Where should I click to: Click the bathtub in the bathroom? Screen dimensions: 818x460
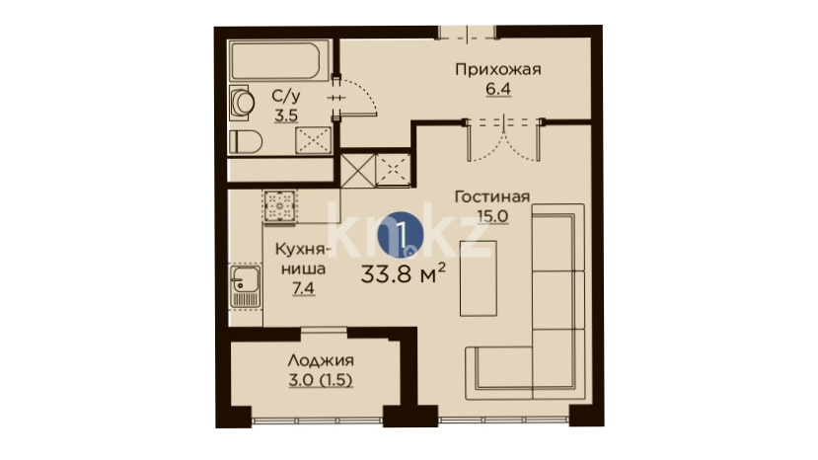click(x=279, y=60)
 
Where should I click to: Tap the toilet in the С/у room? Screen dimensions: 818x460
click(x=246, y=141)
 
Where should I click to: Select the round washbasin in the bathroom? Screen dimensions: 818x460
click(x=242, y=103)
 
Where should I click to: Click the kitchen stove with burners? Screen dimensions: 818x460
click(x=279, y=206)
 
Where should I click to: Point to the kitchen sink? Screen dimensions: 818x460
click(x=245, y=286)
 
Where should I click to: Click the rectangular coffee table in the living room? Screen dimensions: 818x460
click(x=478, y=277)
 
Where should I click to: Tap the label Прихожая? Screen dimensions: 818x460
click(x=498, y=69)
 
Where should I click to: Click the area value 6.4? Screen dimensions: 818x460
click(x=498, y=89)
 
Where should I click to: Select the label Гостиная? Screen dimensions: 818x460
click(x=492, y=196)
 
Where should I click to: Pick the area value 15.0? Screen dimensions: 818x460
click(x=492, y=215)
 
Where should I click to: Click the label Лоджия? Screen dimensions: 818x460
click(x=321, y=360)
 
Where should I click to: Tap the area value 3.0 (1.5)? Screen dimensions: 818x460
click(x=321, y=380)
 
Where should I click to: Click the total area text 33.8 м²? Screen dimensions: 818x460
click(x=403, y=273)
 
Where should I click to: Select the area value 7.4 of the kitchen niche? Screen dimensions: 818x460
click(x=303, y=288)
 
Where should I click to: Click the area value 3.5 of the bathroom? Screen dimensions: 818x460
click(x=286, y=115)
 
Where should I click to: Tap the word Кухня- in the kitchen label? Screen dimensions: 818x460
click(x=303, y=250)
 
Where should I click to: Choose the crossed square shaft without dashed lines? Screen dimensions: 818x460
click(x=358, y=170)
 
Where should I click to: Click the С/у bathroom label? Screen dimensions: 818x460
click(x=286, y=96)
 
